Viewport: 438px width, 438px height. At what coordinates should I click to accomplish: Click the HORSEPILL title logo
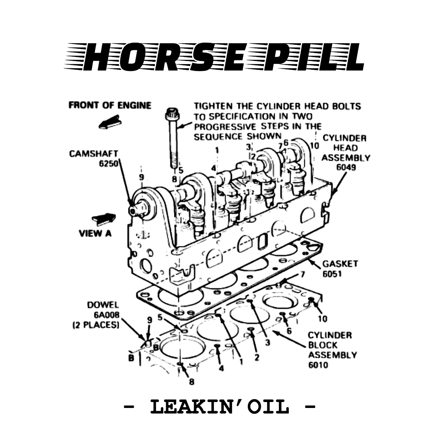tap(214, 57)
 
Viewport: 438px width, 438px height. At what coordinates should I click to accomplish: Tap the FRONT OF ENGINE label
tap(110, 105)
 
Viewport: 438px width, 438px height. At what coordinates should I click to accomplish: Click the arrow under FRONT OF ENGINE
tap(110, 122)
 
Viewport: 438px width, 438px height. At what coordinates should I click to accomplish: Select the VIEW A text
tap(95, 233)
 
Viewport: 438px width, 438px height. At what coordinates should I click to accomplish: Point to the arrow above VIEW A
tap(104, 219)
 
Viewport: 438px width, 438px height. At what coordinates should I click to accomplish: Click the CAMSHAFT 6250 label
tap(94, 158)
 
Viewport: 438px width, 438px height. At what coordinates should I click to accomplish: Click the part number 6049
tap(346, 167)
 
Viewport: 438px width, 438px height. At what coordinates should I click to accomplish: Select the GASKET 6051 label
tap(340, 268)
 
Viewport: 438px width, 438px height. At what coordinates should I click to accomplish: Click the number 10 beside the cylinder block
tap(322, 319)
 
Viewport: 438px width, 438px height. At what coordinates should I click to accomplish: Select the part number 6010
tap(318, 365)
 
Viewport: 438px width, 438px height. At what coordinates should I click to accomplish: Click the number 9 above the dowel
tap(149, 320)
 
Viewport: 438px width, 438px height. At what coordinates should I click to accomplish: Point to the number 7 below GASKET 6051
tap(303, 275)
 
